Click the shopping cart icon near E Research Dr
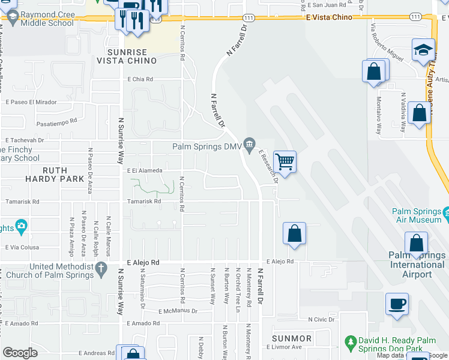tap(285, 161)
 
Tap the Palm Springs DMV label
tap(206, 146)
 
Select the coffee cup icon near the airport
tap(397, 304)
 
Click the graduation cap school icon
tap(423, 50)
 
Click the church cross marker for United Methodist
tap(101, 267)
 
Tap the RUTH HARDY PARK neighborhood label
tap(55, 174)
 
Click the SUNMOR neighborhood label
tap(291, 338)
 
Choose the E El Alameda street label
tap(145, 170)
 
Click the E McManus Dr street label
tap(178, 311)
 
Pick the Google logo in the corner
tap(19, 353)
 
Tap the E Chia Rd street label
tap(140, 79)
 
